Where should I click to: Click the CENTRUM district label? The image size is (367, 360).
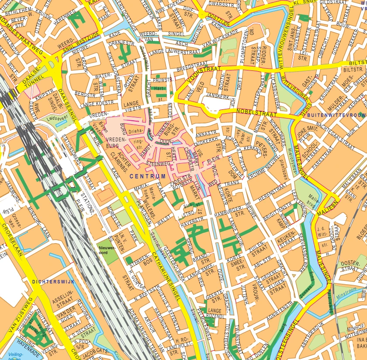point(148,176)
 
